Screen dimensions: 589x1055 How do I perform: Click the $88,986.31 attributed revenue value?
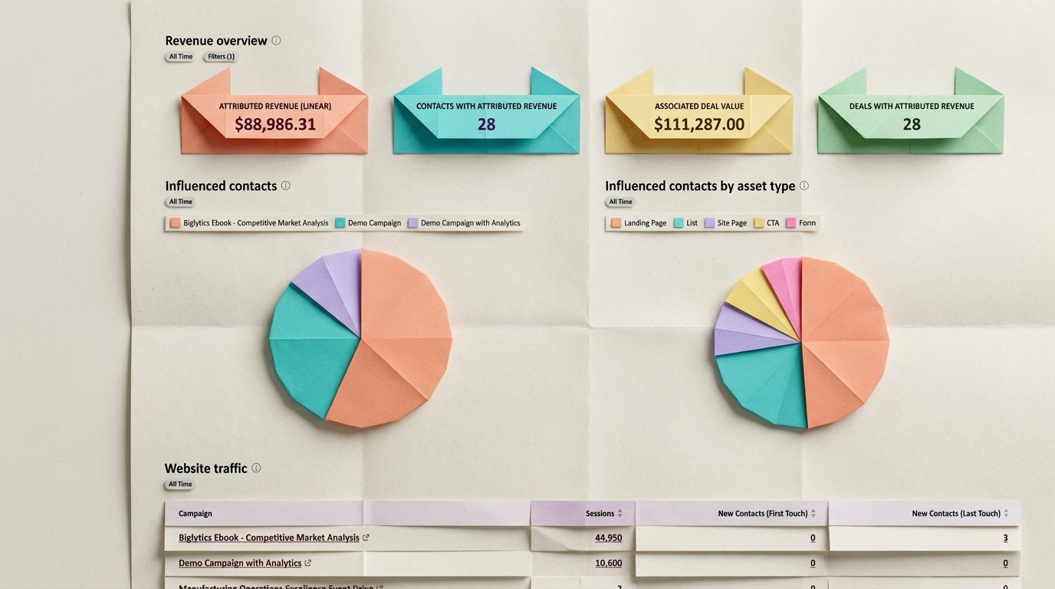click(x=274, y=124)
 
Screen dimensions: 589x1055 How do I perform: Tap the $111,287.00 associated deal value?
click(x=698, y=124)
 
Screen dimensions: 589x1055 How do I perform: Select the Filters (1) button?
click(x=221, y=57)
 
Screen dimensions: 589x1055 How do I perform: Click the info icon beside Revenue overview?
click(x=276, y=41)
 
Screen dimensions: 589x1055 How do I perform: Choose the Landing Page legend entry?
click(x=639, y=223)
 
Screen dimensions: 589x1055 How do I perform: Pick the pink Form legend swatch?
click(x=790, y=223)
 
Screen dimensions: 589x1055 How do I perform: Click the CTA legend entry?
click(x=766, y=223)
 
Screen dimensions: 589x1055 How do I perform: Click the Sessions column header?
click(x=600, y=514)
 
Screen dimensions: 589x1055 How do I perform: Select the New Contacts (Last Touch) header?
click(x=956, y=514)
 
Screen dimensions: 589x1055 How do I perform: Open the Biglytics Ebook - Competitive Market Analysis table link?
click(x=268, y=538)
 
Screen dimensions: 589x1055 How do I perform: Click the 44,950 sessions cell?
click(x=608, y=538)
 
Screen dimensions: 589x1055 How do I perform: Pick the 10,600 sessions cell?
click(x=608, y=563)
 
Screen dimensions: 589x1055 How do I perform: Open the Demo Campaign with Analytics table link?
click(x=240, y=563)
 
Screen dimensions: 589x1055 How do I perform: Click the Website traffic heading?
click(x=205, y=469)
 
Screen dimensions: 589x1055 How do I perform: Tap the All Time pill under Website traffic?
click(x=180, y=485)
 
